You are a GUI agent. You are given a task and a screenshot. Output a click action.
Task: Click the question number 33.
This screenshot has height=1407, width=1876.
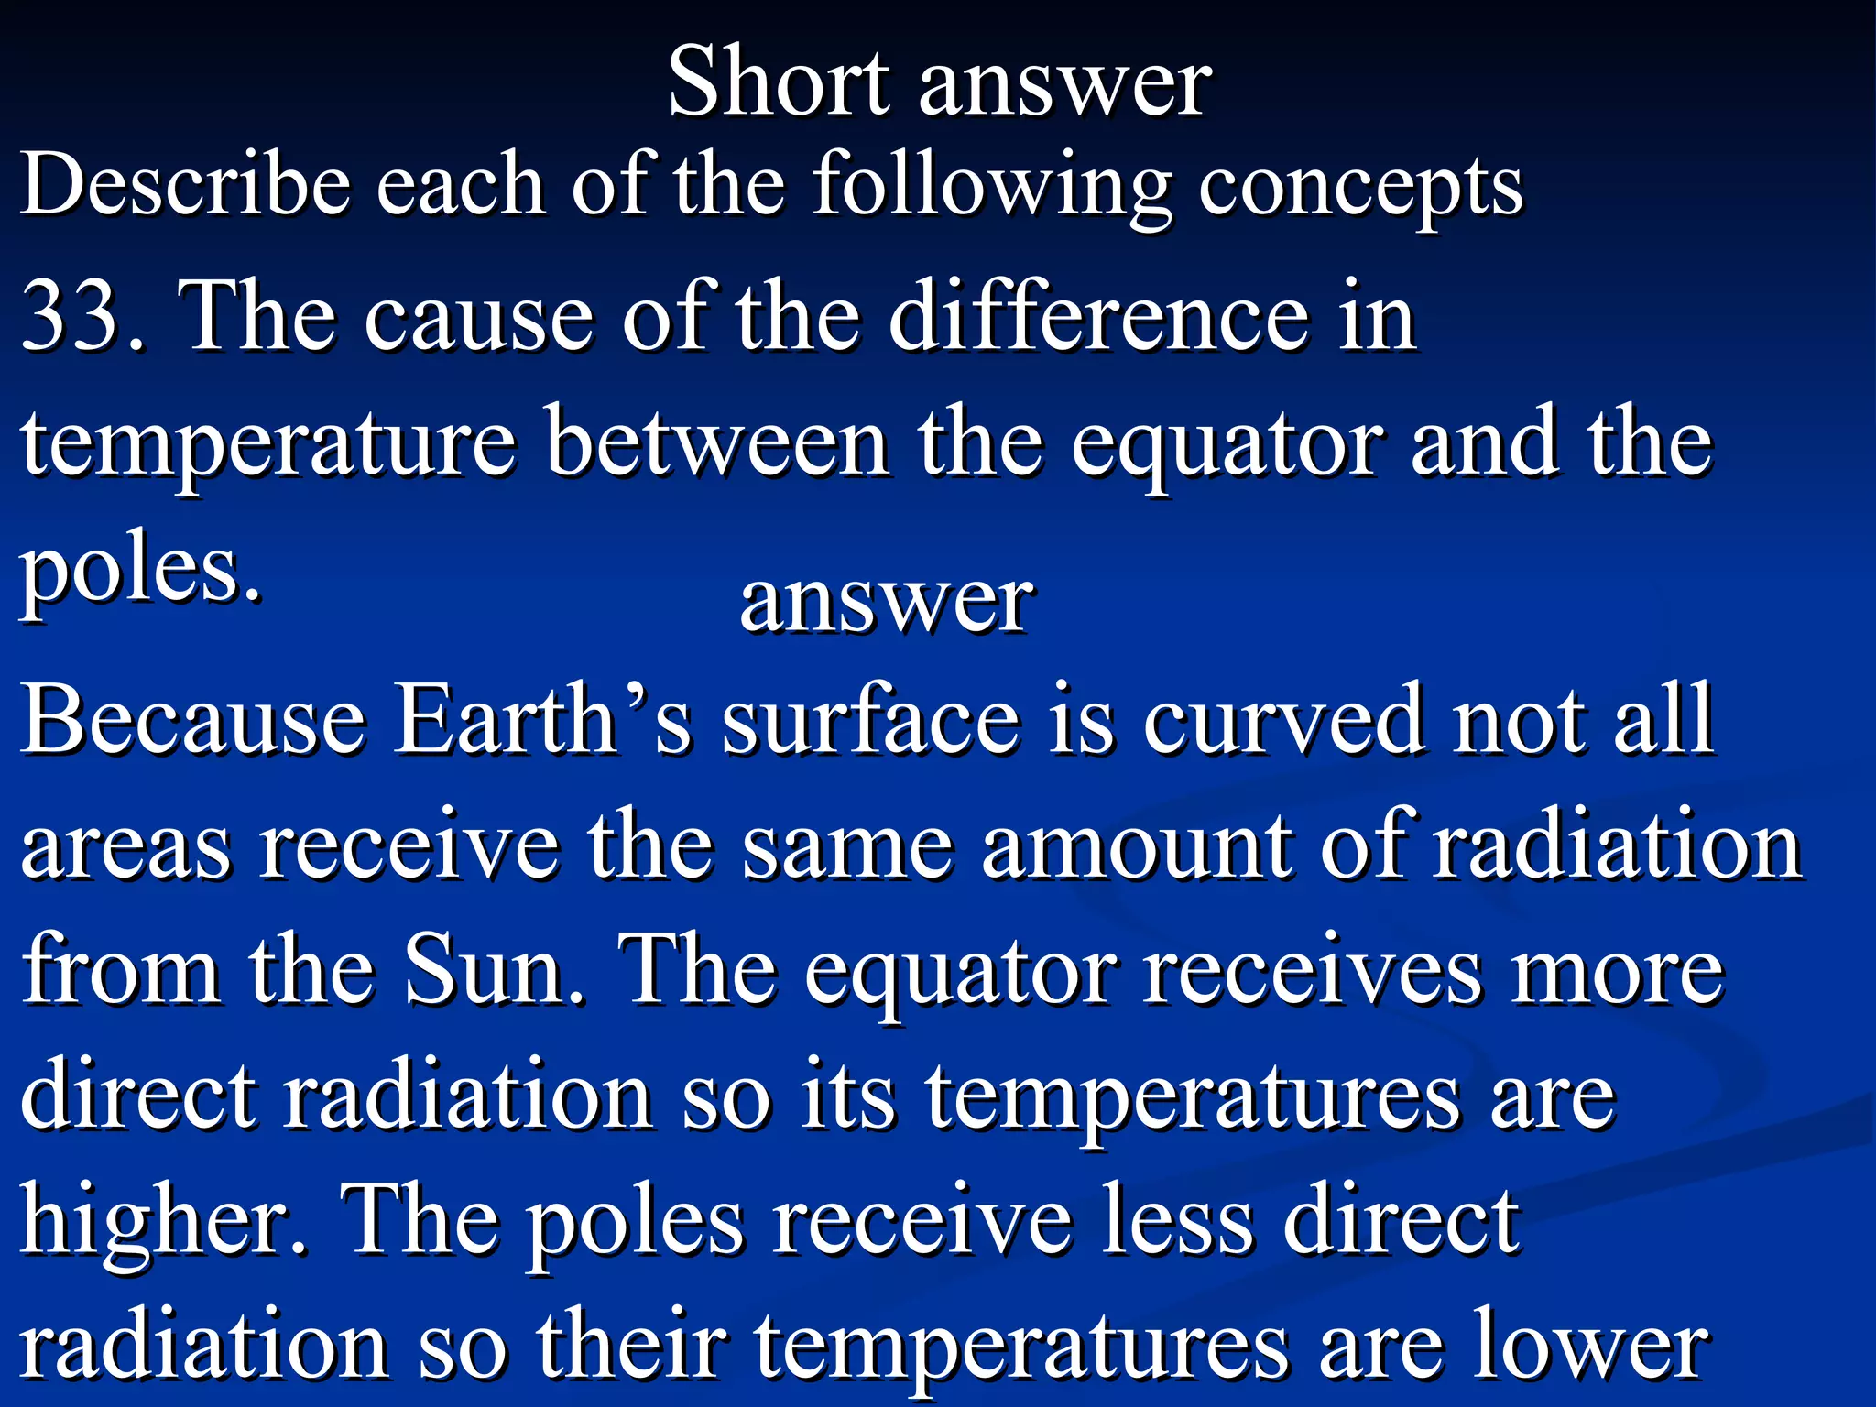point(82,316)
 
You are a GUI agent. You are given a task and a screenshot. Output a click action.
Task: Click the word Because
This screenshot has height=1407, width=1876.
point(192,720)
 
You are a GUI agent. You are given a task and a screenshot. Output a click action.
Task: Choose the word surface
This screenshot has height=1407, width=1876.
point(870,720)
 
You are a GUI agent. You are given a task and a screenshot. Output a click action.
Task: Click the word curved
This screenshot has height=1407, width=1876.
point(1282,720)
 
